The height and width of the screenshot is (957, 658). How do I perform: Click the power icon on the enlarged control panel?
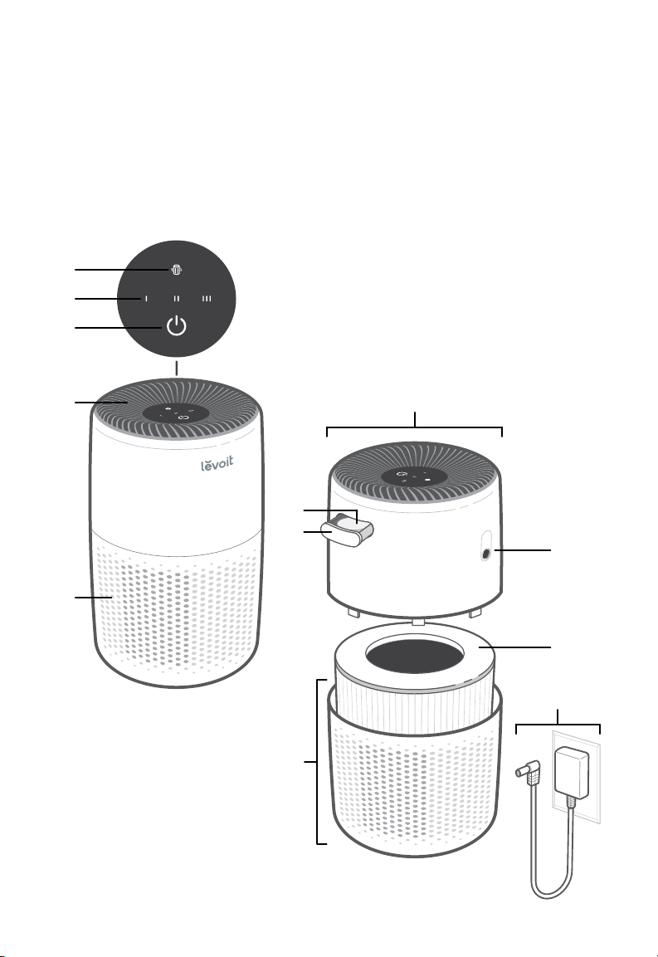tap(177, 327)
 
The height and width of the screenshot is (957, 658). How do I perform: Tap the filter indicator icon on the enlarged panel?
tap(177, 270)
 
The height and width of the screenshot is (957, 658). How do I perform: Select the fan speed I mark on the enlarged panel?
tap(146, 299)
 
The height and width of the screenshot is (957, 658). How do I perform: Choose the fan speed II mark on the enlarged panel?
tap(177, 299)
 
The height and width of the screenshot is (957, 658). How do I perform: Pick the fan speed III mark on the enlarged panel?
tap(207, 299)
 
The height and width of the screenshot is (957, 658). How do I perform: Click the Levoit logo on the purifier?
tap(217, 464)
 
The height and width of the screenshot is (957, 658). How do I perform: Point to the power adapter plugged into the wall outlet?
tap(572, 772)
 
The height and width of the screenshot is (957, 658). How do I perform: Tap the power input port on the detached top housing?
tap(485, 554)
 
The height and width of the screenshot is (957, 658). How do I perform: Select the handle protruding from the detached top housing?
tap(348, 530)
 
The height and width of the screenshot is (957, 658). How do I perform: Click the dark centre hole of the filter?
tap(414, 655)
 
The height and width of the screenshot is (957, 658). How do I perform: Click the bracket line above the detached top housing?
tap(414, 427)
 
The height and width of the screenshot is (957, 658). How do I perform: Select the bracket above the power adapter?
tap(558, 725)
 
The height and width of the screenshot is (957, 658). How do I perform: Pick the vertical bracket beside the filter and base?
tap(318, 762)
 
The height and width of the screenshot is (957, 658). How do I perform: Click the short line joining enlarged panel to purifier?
tap(177, 368)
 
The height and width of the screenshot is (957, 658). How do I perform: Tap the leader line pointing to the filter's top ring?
tap(515, 647)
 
